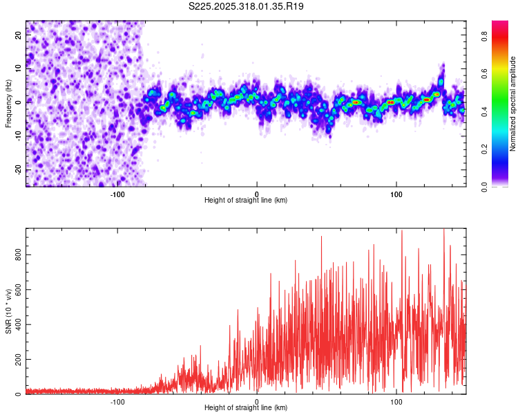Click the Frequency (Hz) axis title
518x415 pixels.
tap(8, 103)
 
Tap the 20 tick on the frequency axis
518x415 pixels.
tap(19, 36)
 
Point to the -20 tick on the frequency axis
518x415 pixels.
tap(19, 169)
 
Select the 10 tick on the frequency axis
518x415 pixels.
tap(19, 69)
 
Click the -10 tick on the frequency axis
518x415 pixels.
tap(19, 136)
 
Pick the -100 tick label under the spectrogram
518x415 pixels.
tap(117, 194)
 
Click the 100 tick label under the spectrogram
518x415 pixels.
tap(396, 194)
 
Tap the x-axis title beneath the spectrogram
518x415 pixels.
tap(246, 201)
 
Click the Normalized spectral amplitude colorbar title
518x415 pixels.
tap(513, 104)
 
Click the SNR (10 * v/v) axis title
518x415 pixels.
tap(8, 311)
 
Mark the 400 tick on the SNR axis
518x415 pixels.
tap(16, 324)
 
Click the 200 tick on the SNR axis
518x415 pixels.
tap(16, 360)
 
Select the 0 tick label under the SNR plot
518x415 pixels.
tap(257, 401)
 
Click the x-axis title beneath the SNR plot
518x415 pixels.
tap(246, 408)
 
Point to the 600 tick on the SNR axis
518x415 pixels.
tap(16, 290)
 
